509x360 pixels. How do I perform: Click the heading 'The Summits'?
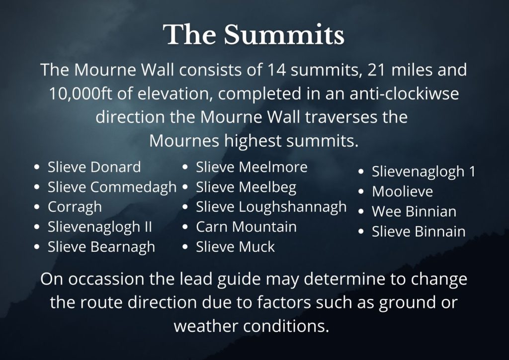tap(254, 34)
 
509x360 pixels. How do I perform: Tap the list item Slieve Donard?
tap(94, 167)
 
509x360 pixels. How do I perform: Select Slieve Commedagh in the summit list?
tap(112, 187)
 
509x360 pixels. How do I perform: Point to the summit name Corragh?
tap(75, 207)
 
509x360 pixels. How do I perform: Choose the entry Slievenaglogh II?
tap(99, 227)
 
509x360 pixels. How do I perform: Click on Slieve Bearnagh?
tap(101, 247)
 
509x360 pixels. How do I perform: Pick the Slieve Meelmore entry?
tap(252, 167)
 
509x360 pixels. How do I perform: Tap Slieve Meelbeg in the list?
tap(246, 187)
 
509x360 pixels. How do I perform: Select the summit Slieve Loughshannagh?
tap(271, 207)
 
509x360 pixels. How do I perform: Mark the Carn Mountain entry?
tap(247, 227)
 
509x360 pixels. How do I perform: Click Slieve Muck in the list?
tap(235, 247)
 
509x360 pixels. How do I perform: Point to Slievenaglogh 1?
tap(424, 172)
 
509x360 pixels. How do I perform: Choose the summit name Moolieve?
tap(403, 191)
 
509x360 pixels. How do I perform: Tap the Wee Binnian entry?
tap(414, 212)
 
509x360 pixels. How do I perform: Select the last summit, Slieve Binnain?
tap(419, 231)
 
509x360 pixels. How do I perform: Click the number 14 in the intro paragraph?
tap(276, 70)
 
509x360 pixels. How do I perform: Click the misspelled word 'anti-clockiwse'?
tap(404, 93)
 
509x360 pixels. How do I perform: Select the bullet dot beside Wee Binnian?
tap(361, 212)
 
